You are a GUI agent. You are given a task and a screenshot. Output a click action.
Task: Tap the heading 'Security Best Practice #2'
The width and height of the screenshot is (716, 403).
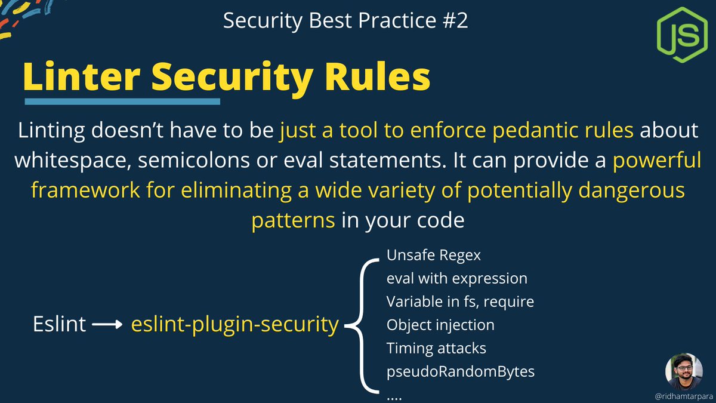[345, 21]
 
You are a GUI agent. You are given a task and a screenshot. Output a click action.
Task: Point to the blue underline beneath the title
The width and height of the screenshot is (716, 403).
[122, 101]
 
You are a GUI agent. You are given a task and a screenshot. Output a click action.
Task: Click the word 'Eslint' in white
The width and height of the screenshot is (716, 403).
[60, 325]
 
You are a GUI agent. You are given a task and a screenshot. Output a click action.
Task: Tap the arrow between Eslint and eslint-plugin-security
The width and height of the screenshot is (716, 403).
[109, 325]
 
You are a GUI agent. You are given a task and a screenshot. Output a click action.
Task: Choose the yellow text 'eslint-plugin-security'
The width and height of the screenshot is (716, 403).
[235, 325]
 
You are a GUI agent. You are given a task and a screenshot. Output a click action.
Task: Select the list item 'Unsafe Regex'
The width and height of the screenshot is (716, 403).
[434, 255]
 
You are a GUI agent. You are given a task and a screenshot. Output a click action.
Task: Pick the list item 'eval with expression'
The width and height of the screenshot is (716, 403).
[456, 278]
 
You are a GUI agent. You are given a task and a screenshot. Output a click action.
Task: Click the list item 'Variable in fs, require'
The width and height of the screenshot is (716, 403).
[460, 302]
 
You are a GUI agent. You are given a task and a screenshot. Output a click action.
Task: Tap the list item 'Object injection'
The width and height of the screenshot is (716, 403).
[440, 325]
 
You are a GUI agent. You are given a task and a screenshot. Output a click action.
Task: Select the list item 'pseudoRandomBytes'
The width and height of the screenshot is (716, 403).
[460, 371]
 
